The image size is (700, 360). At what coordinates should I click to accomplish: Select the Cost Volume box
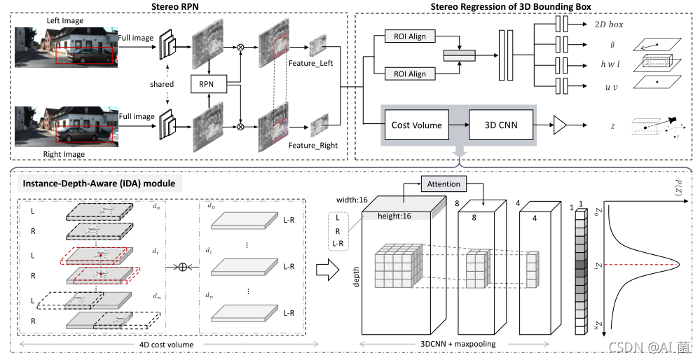(x=417, y=125)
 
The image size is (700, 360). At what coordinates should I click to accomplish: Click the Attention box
(x=444, y=184)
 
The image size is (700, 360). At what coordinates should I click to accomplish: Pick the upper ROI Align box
(x=410, y=36)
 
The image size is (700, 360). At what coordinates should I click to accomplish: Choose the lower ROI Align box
(x=410, y=74)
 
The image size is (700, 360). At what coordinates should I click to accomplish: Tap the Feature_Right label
(x=313, y=146)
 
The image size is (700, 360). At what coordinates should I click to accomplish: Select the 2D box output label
(x=603, y=25)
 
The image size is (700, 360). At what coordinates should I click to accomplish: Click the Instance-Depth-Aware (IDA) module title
(x=98, y=184)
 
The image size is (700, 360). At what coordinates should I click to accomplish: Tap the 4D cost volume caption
(x=166, y=344)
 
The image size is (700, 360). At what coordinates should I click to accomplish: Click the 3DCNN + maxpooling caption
(x=458, y=344)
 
